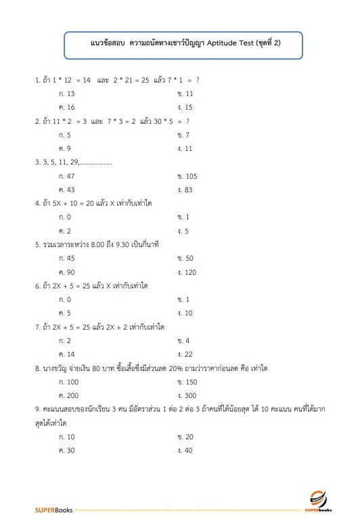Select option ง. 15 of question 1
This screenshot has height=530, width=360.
point(185,107)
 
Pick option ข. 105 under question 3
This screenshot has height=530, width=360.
point(186,176)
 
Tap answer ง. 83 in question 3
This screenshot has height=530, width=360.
point(185,190)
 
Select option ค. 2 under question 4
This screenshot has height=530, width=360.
point(65,231)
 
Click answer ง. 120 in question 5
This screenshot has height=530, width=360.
point(186,272)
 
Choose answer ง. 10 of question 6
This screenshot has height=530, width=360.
point(185,313)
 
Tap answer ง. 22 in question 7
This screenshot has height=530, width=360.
point(185,354)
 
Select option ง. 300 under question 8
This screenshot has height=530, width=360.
point(187,395)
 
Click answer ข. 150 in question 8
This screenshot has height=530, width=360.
point(187,382)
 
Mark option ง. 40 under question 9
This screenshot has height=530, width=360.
point(185,450)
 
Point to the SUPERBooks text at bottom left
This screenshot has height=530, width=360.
point(53,509)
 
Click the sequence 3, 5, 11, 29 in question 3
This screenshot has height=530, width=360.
point(60,162)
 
